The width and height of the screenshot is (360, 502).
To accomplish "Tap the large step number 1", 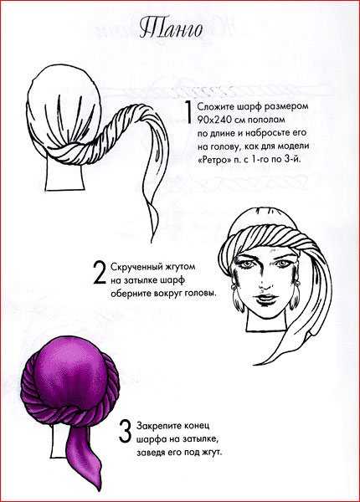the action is coord(188,112).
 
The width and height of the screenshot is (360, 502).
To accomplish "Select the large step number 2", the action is coord(100,273).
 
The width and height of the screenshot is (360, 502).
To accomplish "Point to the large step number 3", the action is coord(125,431).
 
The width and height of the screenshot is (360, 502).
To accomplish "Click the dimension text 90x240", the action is coord(212,120).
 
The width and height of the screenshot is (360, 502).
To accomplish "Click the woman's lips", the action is coord(265,300).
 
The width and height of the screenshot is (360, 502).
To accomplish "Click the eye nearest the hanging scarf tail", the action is coord(281,264).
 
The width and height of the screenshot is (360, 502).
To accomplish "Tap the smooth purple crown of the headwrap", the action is coord(71,371).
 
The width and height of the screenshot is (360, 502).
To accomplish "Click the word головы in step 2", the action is coord(198,294).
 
